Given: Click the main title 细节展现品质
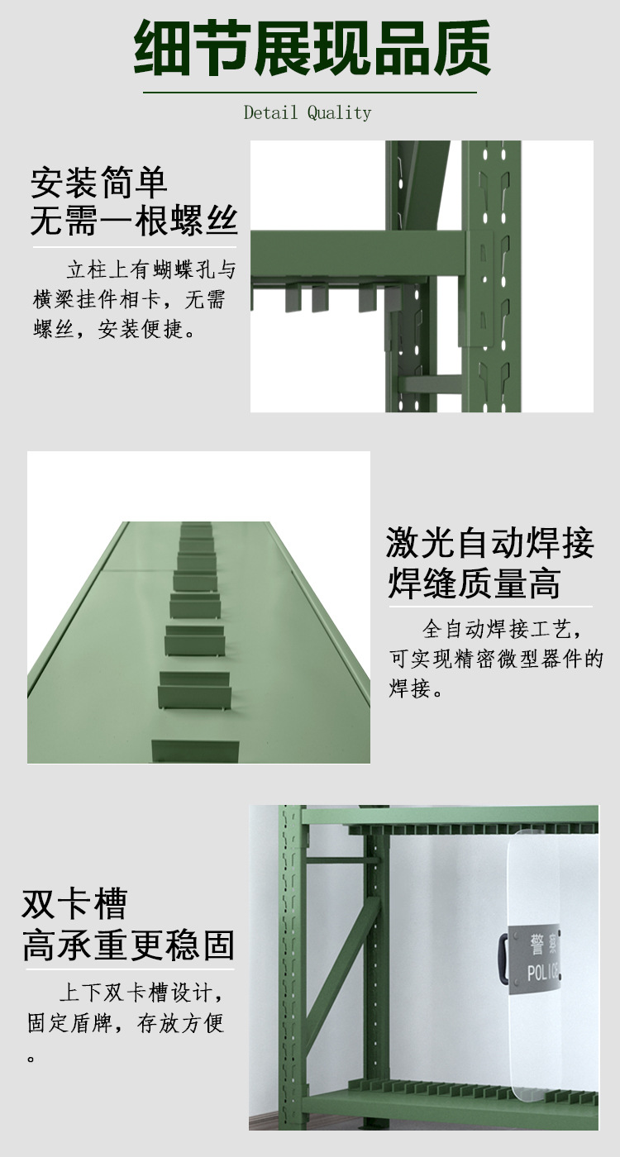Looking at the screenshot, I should pyautogui.click(x=312, y=50).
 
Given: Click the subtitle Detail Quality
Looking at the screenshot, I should pyautogui.click(x=308, y=113).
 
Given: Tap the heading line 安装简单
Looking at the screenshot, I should pyautogui.click(x=99, y=183).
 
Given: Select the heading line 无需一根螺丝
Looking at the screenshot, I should pyautogui.click(x=134, y=221).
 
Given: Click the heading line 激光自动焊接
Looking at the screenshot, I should pyautogui.click(x=489, y=545).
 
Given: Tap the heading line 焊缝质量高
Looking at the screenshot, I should pyautogui.click(x=474, y=583).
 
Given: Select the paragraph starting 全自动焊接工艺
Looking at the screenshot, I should pyautogui.click(x=496, y=659).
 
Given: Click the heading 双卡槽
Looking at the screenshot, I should pyautogui.click(x=74, y=904).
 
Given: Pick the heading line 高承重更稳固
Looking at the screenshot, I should pyautogui.click(x=128, y=945).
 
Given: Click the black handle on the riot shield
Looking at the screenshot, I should pyautogui.click(x=503, y=959).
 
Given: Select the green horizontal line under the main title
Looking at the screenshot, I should pyautogui.click(x=310, y=93).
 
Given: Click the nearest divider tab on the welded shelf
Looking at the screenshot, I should pyautogui.click(x=195, y=750).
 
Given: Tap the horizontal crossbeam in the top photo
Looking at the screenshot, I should pyautogui.click(x=355, y=256).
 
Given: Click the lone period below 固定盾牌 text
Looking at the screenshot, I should pyautogui.click(x=31, y=1058).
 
